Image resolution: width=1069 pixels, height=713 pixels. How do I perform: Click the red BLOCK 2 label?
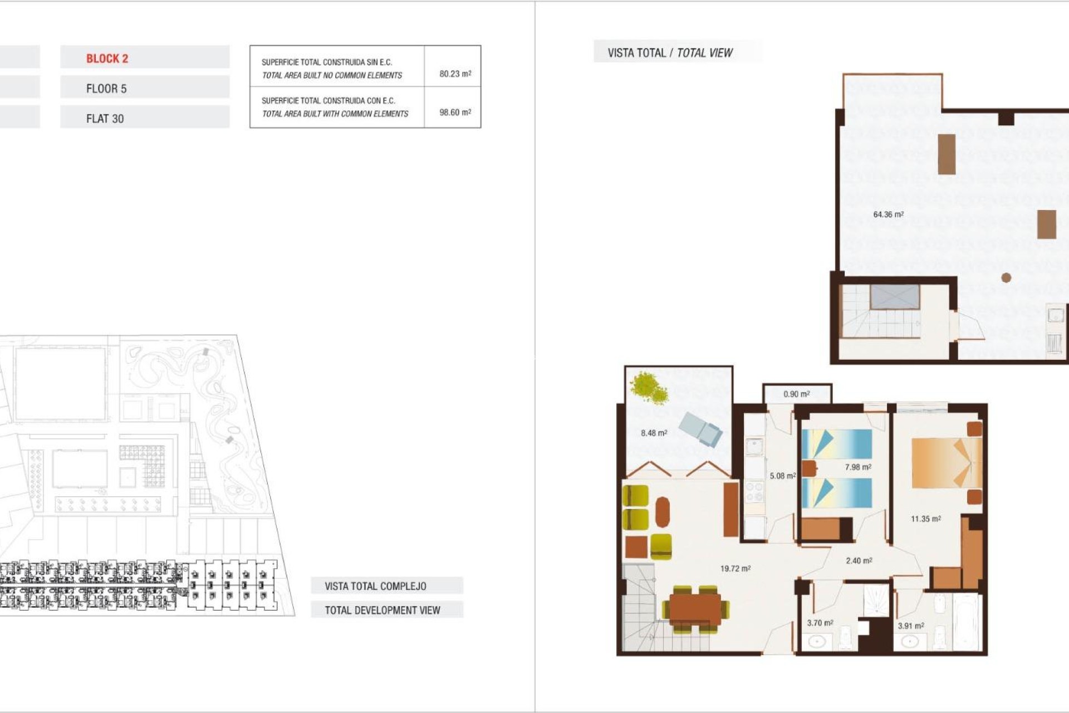point(107,58)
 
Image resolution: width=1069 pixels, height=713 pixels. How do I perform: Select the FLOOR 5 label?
point(106,89)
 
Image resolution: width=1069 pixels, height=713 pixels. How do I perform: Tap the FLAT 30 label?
point(105,119)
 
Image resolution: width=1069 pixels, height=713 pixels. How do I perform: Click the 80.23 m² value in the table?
point(455,74)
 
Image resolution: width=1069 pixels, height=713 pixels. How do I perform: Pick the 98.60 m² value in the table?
point(455,112)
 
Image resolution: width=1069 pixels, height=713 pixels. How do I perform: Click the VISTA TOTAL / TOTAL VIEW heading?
point(670,53)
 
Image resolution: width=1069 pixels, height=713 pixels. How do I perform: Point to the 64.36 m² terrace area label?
point(888,214)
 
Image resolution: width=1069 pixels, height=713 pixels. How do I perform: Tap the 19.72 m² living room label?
point(735,569)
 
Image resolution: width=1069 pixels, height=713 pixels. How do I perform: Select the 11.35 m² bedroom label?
point(925,519)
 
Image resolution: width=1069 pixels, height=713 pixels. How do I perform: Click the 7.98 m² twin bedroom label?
point(857,467)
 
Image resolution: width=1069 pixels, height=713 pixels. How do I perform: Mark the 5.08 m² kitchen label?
point(782,476)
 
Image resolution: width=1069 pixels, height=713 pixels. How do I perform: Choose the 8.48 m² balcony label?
point(654,433)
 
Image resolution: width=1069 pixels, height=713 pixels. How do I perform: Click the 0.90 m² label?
point(796,394)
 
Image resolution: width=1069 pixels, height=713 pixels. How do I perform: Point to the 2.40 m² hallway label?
point(859,561)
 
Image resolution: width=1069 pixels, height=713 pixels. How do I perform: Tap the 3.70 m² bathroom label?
point(820,623)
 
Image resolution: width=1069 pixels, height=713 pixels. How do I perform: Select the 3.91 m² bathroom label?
point(910,626)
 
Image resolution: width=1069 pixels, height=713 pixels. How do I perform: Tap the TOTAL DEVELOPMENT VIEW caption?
point(383,610)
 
